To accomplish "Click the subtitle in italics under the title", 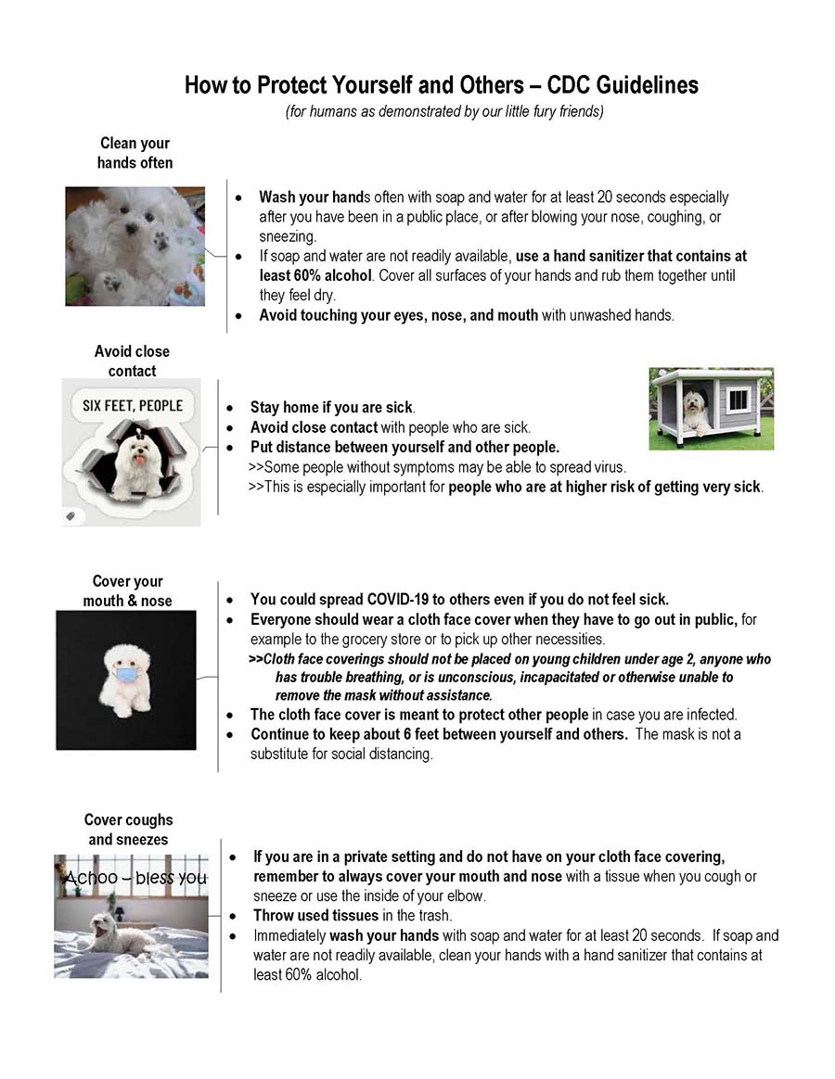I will pos(443,111).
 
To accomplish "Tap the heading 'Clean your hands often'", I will pos(135,153).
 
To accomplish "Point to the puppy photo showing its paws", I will pos(135,247).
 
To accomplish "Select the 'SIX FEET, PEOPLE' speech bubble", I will pos(133,406).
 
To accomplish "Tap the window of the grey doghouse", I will pos(739,400).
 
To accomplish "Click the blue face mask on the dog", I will pos(125,674).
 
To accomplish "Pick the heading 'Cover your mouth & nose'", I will pos(127,590).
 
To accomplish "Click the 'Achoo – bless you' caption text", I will pos(135,878).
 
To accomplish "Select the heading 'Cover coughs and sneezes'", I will pos(128,830).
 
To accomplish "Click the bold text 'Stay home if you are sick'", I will pos(331,407).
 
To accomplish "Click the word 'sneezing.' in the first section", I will pos(288,236).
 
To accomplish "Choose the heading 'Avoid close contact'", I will pos(132,361).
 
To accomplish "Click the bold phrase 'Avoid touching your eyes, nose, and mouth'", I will pos(398,315).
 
